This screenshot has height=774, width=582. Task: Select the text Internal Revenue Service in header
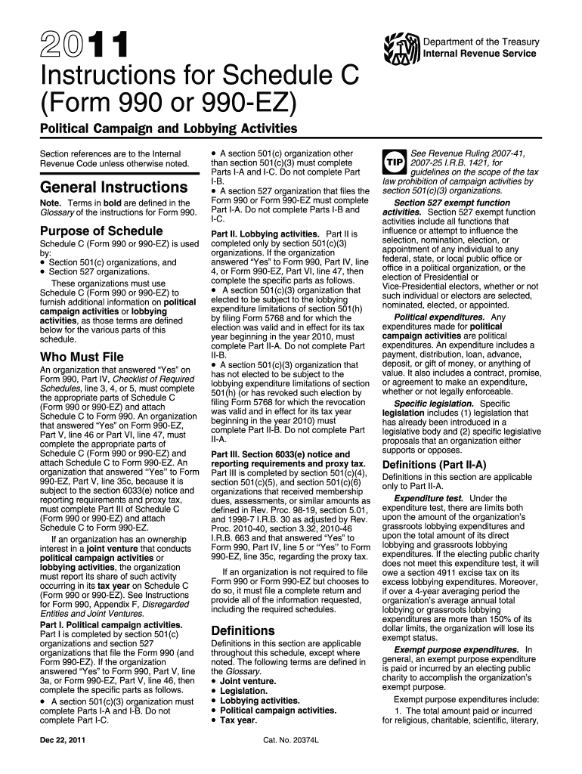coord(479,54)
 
